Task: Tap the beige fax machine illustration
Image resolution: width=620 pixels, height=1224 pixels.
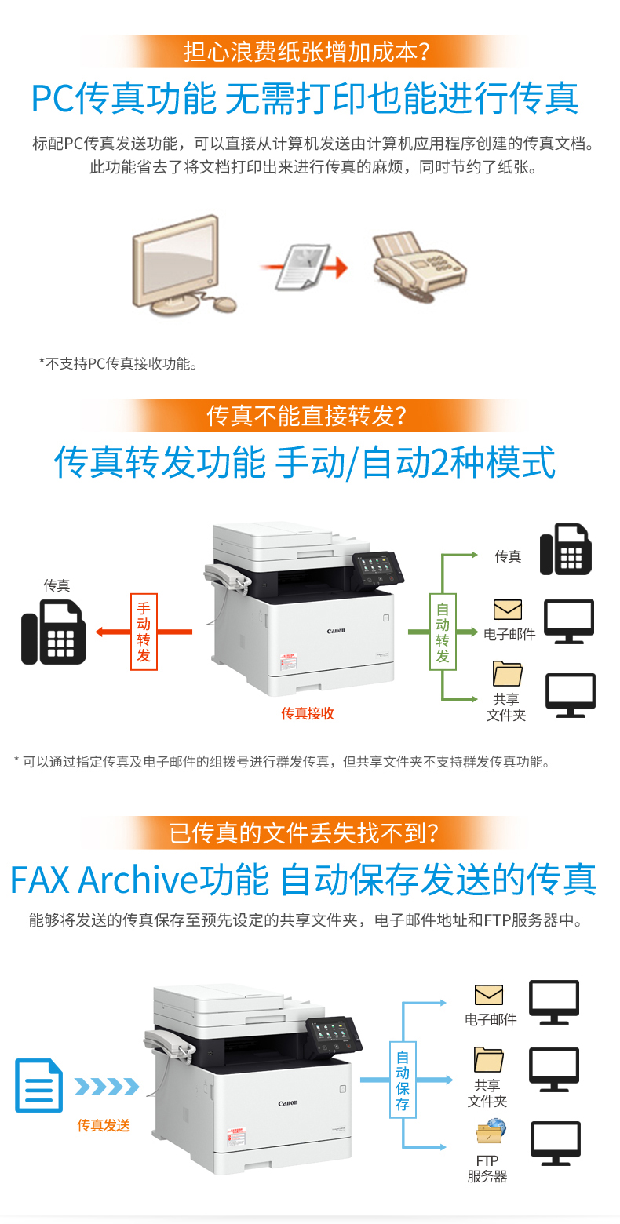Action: pyautogui.click(x=419, y=266)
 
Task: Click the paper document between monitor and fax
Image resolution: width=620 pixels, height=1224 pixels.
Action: pyautogui.click(x=302, y=267)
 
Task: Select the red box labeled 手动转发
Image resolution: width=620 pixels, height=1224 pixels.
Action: pyautogui.click(x=144, y=632)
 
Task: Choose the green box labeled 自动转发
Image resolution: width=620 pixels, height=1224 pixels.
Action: pyautogui.click(x=443, y=632)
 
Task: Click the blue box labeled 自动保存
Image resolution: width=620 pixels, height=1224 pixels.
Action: pyautogui.click(x=403, y=1080)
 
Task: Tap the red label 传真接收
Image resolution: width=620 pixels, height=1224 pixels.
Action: pyautogui.click(x=308, y=713)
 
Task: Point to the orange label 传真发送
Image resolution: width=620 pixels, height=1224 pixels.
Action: pyautogui.click(x=104, y=1125)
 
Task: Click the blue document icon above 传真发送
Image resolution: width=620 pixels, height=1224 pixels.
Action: pyautogui.click(x=38, y=1085)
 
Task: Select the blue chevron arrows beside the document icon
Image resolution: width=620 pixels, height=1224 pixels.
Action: pyautogui.click(x=107, y=1087)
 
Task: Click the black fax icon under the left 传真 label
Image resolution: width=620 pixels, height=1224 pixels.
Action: pyautogui.click(x=53, y=632)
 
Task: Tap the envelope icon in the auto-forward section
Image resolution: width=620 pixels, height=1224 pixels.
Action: pyautogui.click(x=507, y=610)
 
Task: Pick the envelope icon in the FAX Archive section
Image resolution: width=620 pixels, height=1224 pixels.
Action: pyautogui.click(x=489, y=995)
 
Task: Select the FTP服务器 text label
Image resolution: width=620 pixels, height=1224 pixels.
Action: pyautogui.click(x=487, y=1168)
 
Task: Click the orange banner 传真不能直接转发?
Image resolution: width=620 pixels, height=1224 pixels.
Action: pyautogui.click(x=306, y=415)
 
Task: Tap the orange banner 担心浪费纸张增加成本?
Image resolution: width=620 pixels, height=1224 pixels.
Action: pyautogui.click(x=306, y=51)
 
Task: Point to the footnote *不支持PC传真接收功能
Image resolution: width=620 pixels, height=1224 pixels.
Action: pyautogui.click(x=119, y=363)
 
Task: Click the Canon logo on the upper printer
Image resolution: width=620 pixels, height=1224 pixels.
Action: pyautogui.click(x=336, y=631)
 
